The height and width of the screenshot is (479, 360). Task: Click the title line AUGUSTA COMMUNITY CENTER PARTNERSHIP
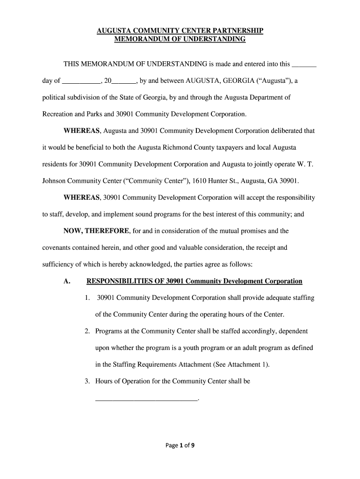pyautogui.click(x=180, y=31)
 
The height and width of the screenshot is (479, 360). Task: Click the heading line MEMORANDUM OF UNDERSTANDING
pyautogui.click(x=180, y=39)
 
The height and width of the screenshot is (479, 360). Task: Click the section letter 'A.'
pyautogui.click(x=67, y=281)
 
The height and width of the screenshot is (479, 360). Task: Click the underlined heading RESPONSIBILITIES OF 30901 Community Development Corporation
pyautogui.click(x=194, y=281)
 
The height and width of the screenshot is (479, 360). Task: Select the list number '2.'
pyautogui.click(x=87, y=331)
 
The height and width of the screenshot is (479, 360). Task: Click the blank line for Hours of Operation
pyautogui.click(x=146, y=399)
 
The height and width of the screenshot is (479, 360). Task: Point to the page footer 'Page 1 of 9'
pyautogui.click(x=180, y=445)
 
